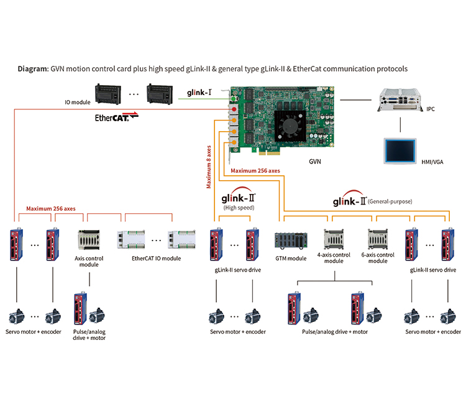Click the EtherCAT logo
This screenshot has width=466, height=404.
click(x=117, y=117)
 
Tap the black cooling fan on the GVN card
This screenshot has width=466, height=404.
click(x=290, y=126)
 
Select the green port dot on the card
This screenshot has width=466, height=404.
click(x=234, y=99)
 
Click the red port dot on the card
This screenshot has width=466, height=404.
click(x=234, y=109)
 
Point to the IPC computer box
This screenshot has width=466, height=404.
click(x=400, y=100)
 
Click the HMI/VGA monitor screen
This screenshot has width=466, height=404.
click(x=400, y=150)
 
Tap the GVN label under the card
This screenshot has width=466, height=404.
click(x=315, y=162)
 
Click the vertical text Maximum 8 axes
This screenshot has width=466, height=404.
click(x=209, y=167)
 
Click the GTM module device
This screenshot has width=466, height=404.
click(x=291, y=240)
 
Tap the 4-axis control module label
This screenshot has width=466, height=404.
click(x=334, y=258)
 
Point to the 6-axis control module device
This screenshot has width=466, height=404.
click(x=378, y=239)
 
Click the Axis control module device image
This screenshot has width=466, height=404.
click(x=89, y=240)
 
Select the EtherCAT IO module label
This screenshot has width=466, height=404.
click(x=157, y=259)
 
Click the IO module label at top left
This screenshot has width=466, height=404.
click(x=78, y=103)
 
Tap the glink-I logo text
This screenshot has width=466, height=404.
click(x=199, y=93)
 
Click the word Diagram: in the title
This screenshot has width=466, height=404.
click(x=33, y=69)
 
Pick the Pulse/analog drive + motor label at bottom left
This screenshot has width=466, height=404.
click(x=89, y=335)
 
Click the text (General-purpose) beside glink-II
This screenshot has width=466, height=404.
click(x=390, y=201)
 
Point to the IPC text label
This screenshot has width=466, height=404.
click(x=431, y=109)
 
